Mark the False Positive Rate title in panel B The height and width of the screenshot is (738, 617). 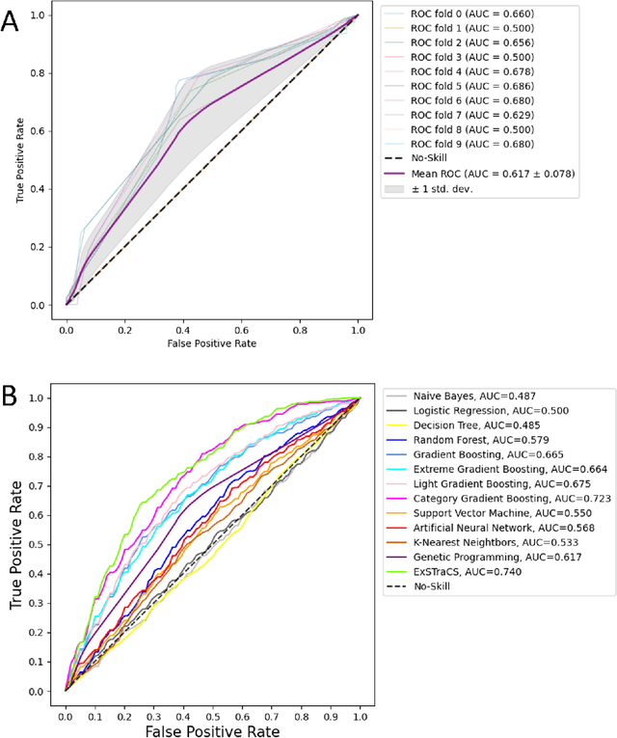pos(212,731)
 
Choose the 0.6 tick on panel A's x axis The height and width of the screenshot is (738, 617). pos(241,327)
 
